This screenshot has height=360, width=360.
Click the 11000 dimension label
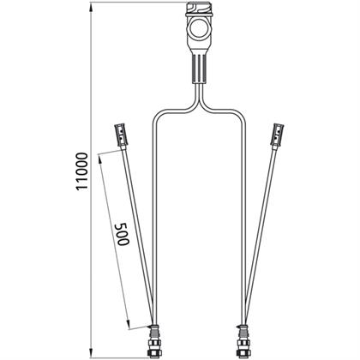pos(82,171)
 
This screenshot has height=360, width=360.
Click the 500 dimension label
pos(122,234)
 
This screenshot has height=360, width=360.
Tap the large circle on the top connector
pos(199,30)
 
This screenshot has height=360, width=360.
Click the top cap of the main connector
pos(199,9)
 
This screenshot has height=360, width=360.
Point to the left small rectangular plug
pos(121,134)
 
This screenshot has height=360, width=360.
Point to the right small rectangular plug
pos(278,134)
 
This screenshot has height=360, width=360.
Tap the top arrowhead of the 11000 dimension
pos(91,7)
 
